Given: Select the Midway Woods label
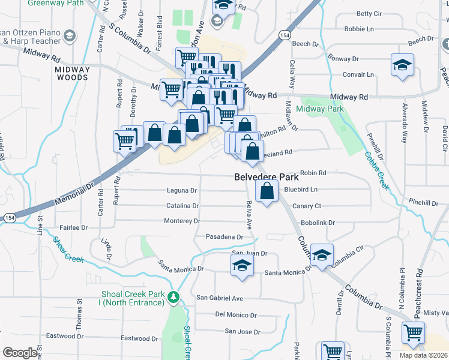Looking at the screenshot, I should tap(72, 73).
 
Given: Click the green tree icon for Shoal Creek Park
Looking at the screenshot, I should tap(173, 297).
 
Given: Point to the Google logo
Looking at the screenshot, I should tap(20, 353).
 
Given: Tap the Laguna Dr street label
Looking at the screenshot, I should tap(181, 191).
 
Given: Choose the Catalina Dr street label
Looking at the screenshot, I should tap(182, 206).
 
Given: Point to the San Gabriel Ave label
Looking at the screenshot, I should tap(220, 298).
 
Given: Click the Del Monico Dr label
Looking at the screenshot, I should tap(235, 315).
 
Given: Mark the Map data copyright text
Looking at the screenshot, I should tap(423, 355).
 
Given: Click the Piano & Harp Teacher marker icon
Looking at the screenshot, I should tap(70, 36).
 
